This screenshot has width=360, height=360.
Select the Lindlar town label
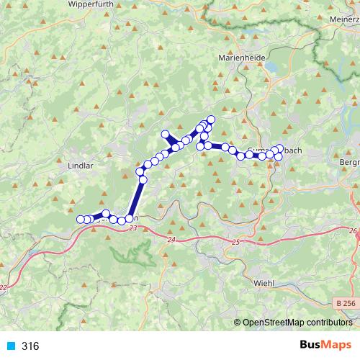tap(81, 165)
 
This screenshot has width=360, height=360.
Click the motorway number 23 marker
tap(132, 228)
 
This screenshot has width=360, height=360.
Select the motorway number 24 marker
tap(171, 239)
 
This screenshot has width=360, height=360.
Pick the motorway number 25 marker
tap(235, 243)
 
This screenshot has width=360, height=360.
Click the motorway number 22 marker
tap(4, 287)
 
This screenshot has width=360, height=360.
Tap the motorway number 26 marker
tap(354, 231)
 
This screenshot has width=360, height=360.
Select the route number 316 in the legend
tap(30, 346)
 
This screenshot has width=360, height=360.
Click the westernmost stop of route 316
tap(80, 219)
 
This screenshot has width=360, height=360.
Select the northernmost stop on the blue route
tap(211, 120)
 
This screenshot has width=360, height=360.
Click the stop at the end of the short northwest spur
tap(166, 133)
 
